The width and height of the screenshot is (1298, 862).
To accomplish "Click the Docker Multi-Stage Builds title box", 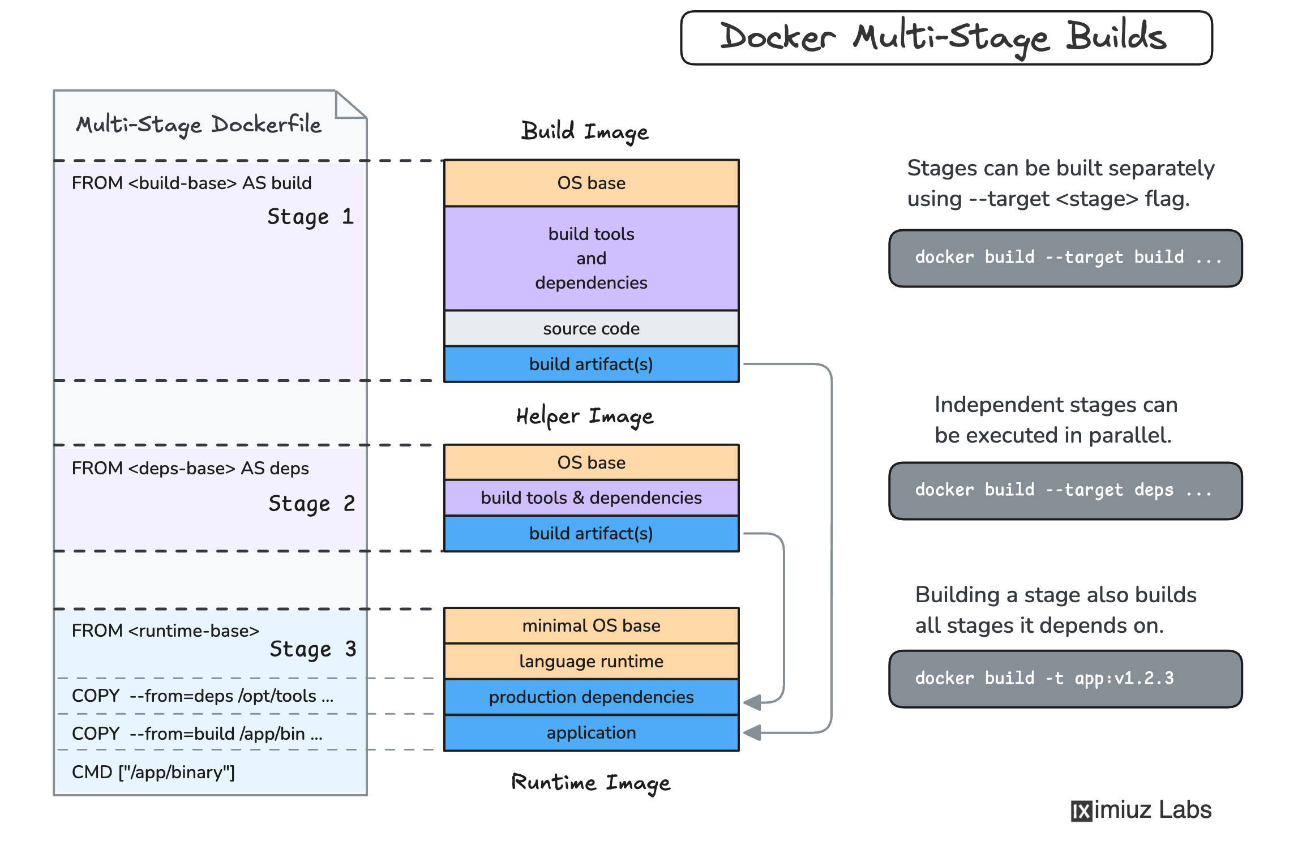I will (946, 37).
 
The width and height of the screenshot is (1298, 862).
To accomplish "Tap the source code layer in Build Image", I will (591, 328).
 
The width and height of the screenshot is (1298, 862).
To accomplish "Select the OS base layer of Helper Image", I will (591, 462).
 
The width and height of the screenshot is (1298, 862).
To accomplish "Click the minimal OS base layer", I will (591, 625).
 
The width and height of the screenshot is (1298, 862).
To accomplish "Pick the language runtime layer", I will (591, 661).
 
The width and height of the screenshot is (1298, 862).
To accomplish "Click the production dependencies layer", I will (591, 697).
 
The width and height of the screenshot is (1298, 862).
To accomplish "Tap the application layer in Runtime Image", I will (591, 733).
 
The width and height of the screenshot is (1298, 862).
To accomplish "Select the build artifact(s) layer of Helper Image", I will (591, 533).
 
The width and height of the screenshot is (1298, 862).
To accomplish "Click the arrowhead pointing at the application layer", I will (752, 733).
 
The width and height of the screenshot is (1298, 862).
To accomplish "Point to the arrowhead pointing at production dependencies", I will (752, 702).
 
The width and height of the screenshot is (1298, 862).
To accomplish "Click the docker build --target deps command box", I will (1065, 491).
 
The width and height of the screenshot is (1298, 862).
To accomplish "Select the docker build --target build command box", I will (1065, 258).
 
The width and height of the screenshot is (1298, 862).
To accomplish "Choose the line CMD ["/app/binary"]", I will (153, 772).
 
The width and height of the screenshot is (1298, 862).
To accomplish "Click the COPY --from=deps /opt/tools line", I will (202, 696).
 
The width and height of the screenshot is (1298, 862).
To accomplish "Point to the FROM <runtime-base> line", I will (165, 631).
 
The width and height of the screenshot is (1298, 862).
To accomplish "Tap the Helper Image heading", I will (584, 417).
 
